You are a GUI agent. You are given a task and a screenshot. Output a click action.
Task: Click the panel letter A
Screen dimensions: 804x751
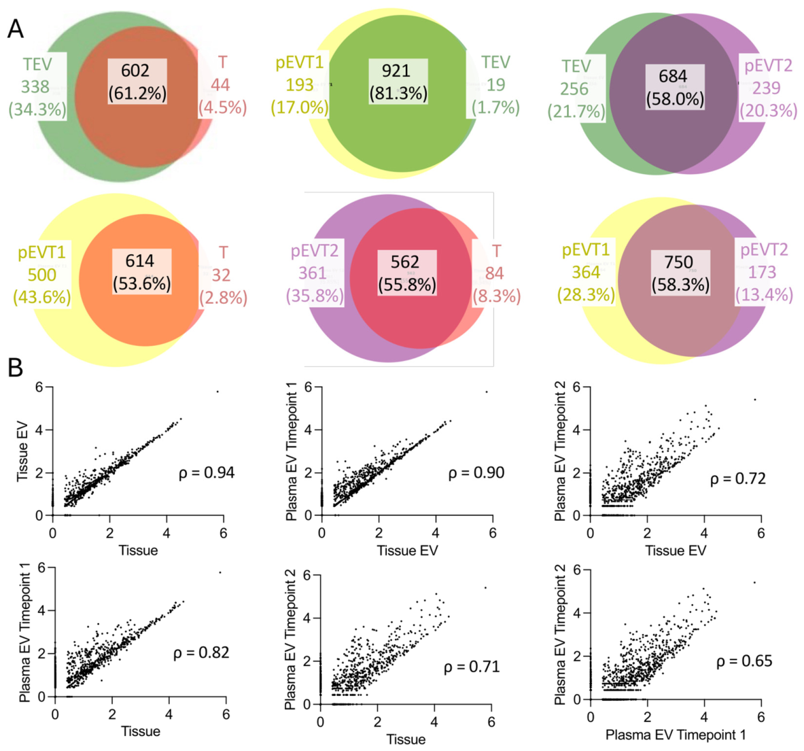pos(16,29)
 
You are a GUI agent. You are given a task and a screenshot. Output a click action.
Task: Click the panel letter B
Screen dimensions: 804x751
pos(16,368)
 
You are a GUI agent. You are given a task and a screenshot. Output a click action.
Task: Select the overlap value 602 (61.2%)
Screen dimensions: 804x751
pos(137,82)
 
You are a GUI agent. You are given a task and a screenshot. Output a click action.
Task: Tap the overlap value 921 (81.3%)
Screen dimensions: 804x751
pos(398,82)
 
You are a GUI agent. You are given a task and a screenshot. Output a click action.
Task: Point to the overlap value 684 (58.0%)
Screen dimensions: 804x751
pos(675,87)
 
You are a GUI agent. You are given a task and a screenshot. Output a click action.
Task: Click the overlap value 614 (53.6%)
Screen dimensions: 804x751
pos(142,273)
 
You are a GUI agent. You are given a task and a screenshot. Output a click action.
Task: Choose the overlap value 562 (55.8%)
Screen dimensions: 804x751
pos(407,273)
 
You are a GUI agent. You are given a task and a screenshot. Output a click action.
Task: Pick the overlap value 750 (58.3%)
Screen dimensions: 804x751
pos(680,273)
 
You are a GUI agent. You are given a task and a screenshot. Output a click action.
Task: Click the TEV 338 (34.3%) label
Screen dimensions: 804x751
pos(37,86)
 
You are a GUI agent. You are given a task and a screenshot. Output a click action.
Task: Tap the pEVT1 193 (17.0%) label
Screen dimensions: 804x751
pos(300,84)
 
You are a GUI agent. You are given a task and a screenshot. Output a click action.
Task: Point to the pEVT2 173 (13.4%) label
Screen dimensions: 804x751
pos(764,273)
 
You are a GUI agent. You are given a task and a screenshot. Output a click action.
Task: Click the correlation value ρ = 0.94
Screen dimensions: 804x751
pos(207,472)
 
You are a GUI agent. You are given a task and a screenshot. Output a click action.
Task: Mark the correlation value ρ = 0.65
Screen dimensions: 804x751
pos(744,661)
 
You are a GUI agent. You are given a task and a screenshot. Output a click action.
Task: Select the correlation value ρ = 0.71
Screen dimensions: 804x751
pos(472,667)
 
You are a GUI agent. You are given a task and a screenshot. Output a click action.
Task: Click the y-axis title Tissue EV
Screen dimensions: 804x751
pos(22,451)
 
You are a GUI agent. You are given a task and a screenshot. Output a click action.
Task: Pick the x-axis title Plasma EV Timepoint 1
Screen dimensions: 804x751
pos(676,735)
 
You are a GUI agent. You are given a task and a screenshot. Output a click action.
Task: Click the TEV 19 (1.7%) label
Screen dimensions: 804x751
pos(496,84)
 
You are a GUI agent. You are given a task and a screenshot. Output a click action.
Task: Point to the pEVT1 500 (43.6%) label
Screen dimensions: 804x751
pos(42,275)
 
